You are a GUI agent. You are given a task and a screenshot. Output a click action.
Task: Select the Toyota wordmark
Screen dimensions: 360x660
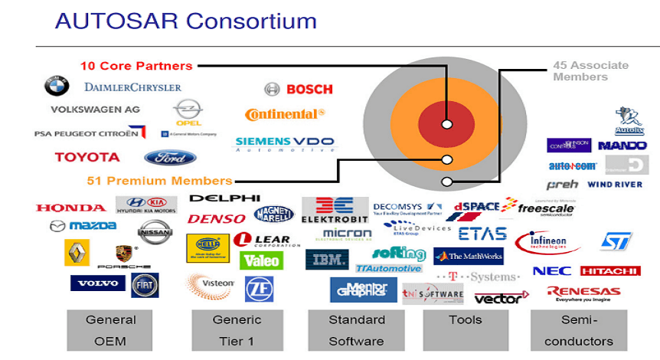(87, 157)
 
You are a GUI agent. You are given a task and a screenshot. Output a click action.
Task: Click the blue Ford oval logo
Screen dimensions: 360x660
(170, 158)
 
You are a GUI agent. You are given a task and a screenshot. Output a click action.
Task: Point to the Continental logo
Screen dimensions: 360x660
(285, 114)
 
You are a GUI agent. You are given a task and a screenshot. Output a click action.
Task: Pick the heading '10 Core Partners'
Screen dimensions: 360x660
(136, 66)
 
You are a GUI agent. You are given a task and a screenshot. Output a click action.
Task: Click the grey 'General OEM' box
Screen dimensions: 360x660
(110, 330)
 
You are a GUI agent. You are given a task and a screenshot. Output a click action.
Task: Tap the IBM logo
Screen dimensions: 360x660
(327, 260)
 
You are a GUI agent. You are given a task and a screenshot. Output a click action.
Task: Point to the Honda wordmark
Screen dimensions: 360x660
(70, 208)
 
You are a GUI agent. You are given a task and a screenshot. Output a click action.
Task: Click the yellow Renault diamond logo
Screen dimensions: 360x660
(74, 252)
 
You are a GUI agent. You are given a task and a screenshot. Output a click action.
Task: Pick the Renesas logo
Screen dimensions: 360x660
(583, 293)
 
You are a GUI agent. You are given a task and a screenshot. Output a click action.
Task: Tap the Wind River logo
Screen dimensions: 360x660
(615, 185)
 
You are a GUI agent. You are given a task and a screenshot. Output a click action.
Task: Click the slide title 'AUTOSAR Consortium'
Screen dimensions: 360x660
(186, 20)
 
